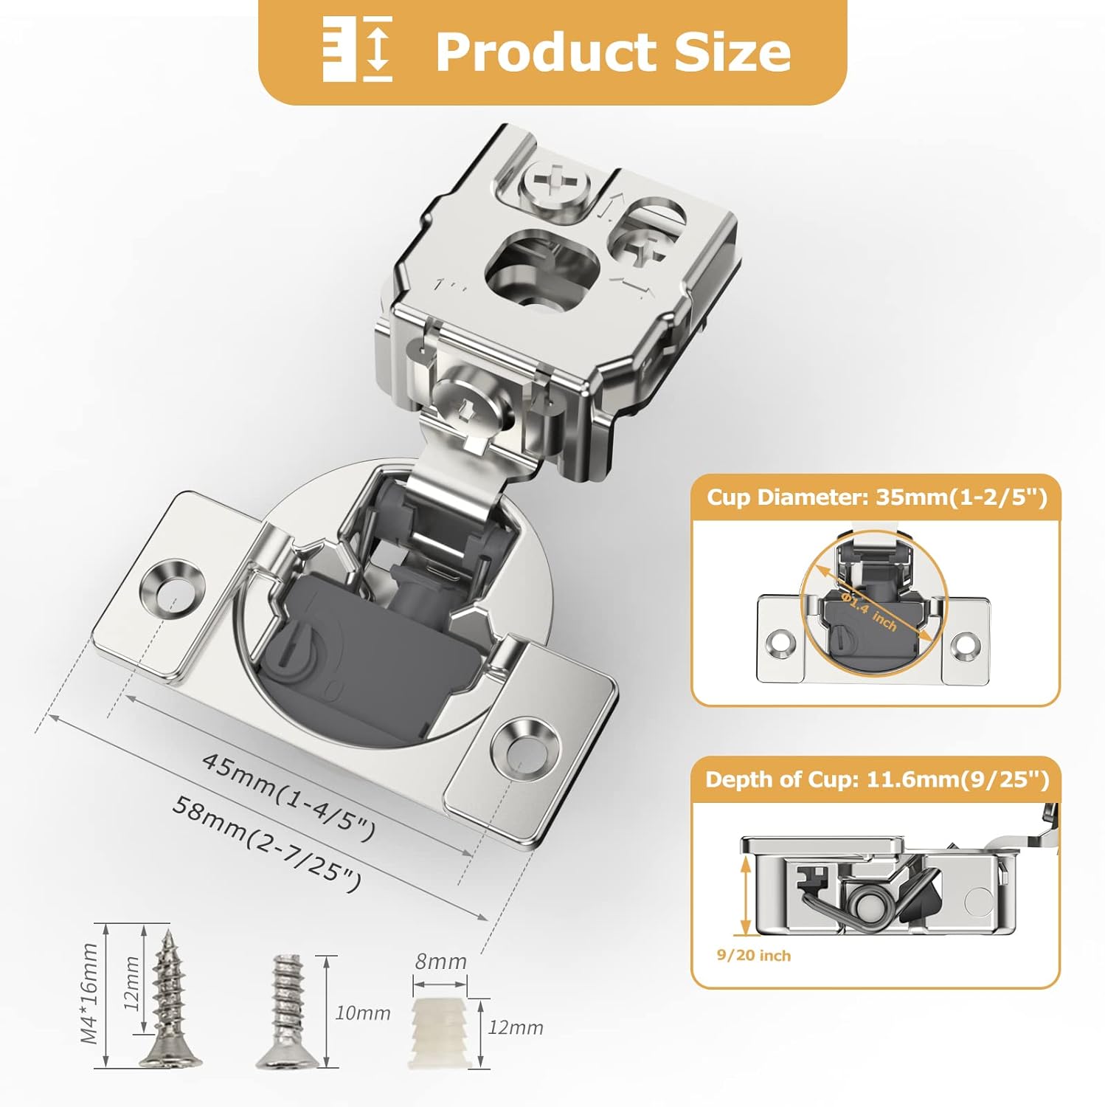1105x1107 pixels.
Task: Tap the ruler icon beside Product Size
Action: (358, 50)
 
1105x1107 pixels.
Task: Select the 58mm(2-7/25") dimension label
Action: (267, 843)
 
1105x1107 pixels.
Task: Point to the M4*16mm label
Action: (90, 993)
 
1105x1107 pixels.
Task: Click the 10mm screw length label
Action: (362, 1013)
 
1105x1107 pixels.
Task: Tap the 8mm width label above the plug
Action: (440, 962)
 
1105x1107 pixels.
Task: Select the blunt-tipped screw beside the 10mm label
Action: (288, 1011)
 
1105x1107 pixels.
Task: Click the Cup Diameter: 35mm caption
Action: (876, 497)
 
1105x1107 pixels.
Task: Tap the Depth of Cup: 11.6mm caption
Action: (876, 779)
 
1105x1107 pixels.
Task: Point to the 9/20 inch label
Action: (753, 955)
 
